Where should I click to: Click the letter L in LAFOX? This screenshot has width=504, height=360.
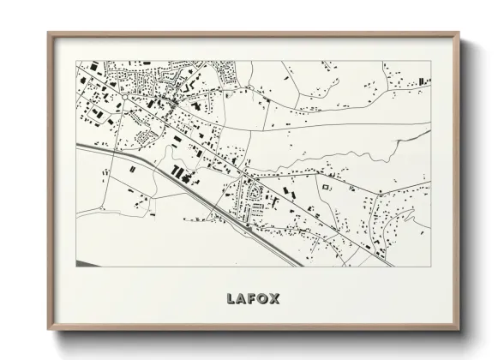tap(231, 299)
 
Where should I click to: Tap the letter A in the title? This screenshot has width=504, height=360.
tap(243, 299)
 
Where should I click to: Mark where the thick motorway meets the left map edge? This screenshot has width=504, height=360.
tap(77, 146)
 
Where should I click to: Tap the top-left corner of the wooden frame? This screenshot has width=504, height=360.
tap(48, 33)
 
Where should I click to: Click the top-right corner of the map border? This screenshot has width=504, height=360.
tap(431, 61)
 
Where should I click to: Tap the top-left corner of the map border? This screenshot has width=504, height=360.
tap(76, 61)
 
